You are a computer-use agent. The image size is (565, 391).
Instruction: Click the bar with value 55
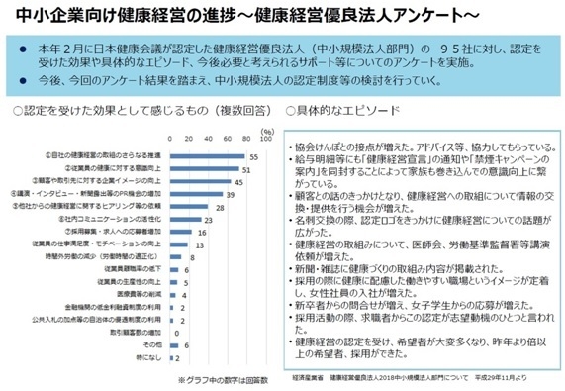(x=207, y=156)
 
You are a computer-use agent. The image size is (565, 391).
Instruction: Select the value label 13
(x=198, y=244)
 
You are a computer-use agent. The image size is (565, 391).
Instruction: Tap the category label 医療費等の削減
(x=140, y=294)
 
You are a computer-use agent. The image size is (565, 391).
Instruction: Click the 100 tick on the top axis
(x=260, y=140)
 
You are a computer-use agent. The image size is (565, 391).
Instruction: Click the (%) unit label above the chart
(x=265, y=130)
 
